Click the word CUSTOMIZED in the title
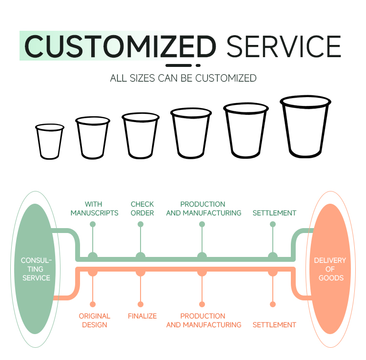click(120, 46)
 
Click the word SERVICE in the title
click(284, 46)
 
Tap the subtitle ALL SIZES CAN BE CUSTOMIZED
click(183, 78)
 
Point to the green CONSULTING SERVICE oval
click(35, 269)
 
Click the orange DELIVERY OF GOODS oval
click(330, 269)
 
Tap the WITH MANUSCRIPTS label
click(94, 209)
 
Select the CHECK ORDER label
click(142, 209)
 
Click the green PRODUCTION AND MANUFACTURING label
click(203, 209)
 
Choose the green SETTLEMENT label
click(274, 213)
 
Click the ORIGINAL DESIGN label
click(94, 320)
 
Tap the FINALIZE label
click(142, 316)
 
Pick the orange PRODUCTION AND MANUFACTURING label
click(203, 320)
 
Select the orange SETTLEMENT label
click(274, 325)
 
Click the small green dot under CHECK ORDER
click(141, 224)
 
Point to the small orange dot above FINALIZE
click(141, 304)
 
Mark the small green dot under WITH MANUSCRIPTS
click(93, 224)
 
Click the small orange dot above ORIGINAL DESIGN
click(93, 304)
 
